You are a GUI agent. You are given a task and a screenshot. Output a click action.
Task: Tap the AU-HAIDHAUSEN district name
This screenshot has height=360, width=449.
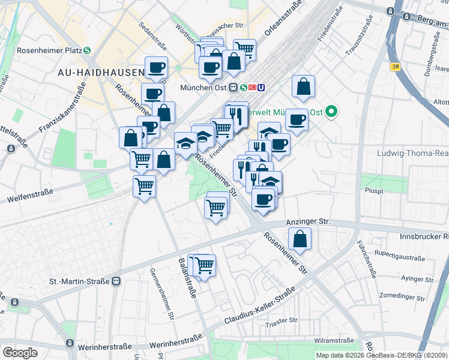[100, 73]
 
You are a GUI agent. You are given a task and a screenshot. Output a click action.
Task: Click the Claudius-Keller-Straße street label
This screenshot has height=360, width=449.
[259, 307]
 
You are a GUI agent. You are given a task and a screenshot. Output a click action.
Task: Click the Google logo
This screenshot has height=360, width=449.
[20, 353]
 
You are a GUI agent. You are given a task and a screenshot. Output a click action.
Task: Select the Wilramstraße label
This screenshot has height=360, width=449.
[334, 340]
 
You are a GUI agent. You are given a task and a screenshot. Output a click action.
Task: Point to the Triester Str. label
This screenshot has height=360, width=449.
[282, 320]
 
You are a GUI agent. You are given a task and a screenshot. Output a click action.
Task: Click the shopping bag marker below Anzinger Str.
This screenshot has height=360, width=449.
[300, 239]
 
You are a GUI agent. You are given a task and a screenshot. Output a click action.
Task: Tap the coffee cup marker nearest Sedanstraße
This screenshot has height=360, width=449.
[156, 68]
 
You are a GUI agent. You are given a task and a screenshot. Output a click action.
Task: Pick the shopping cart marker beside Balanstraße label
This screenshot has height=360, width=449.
[205, 265]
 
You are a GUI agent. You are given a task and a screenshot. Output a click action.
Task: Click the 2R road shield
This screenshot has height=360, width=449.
[395, 67]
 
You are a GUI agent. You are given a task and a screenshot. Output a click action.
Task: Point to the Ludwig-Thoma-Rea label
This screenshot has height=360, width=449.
[412, 153]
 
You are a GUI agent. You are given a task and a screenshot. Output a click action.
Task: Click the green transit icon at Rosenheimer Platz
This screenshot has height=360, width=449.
[87, 50]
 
